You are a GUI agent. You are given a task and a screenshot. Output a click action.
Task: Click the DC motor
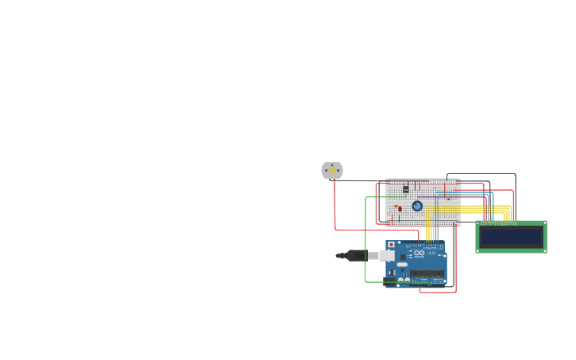coord(332,170)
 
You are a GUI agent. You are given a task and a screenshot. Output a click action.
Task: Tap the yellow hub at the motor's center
coord(332,170)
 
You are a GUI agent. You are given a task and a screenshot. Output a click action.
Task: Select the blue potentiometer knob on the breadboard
coord(417,206)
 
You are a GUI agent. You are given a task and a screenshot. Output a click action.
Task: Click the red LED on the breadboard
coord(400,208)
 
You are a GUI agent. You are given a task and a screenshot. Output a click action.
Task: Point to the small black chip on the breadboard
coord(406,189)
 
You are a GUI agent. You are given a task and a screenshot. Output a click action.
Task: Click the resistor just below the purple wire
coord(447,199)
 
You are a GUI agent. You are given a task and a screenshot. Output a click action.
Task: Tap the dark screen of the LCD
coord(511,237)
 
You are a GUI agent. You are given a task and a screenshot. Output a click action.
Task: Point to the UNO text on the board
coord(432,253)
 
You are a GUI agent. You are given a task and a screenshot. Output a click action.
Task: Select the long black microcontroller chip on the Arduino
coord(427,273)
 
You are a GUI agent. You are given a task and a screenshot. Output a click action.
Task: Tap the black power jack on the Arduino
coord(389,281)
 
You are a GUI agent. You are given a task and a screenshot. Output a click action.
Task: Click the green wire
coord(365,238)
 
